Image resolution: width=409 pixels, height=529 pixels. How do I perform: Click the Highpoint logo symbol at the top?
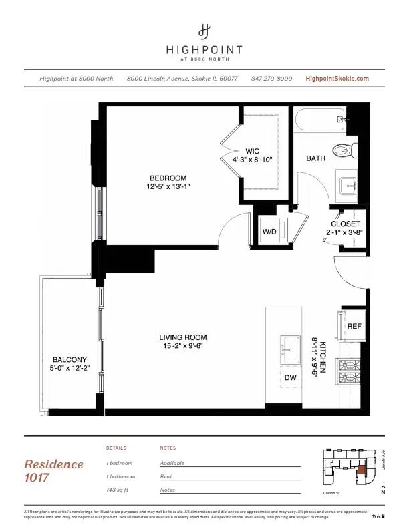[204, 31]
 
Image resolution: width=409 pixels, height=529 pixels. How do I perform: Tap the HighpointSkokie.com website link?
[337, 79]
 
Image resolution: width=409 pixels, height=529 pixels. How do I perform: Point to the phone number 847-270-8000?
[271, 79]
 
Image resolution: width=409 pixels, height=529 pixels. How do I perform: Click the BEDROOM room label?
[168, 178]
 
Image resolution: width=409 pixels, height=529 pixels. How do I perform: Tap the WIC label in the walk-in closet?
[252, 151]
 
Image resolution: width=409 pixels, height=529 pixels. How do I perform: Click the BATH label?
[315, 158]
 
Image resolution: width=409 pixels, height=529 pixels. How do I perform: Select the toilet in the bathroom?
[346, 150]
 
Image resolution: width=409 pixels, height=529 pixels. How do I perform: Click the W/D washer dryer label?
[269, 231]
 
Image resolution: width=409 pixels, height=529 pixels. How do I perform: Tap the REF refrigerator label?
[354, 326]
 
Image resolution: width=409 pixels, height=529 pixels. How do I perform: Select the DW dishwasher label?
[291, 377]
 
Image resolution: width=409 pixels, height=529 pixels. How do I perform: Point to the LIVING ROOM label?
[182, 337]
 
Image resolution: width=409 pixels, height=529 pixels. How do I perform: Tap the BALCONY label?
[70, 359]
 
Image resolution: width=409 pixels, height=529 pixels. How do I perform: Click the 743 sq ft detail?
[120, 490]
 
